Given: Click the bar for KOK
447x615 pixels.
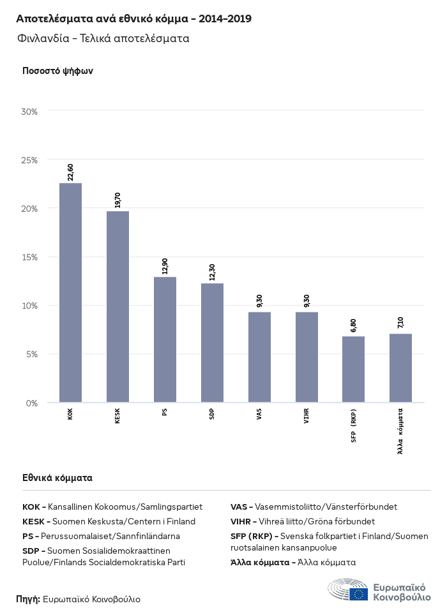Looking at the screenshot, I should pos(70,293).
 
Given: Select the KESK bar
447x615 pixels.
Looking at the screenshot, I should pos(117,307).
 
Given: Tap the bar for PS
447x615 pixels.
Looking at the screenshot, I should pos(165,340).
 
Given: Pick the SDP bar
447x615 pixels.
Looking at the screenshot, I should pos(212,343).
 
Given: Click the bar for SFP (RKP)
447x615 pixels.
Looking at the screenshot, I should pos(353,369).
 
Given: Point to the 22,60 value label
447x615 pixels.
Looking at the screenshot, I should pos(70,172).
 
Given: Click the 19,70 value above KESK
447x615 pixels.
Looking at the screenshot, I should pos(117,200).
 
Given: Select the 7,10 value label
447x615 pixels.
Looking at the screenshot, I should pos(400,322).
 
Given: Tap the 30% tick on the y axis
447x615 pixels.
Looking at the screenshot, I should pos(30,111).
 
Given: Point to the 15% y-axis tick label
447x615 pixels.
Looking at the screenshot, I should pos(30,257).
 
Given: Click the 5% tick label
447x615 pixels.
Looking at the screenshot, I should pos(32,354).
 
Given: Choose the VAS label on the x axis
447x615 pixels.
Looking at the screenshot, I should pos(259,413).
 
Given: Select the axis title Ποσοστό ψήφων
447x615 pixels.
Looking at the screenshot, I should pos(57,71).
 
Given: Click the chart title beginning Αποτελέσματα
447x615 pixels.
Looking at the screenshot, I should pos(133,19).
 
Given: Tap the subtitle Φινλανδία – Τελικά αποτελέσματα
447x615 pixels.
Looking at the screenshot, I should pos(103,38).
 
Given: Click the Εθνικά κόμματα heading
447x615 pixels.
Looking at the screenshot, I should pos(57,477).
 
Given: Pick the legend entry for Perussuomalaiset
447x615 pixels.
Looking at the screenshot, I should pos(101,536).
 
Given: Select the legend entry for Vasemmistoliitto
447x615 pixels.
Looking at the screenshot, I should pos(314,507).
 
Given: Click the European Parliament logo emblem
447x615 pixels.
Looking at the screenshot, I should pos(348,590).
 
